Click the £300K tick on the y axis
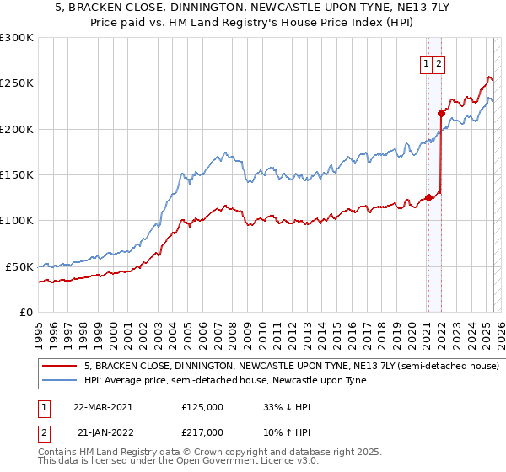(17, 38)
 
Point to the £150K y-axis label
(17, 175)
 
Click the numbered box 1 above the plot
(427, 63)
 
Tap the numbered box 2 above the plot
(440, 63)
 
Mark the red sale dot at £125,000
(428, 198)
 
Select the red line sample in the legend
(60, 367)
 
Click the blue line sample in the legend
(60, 380)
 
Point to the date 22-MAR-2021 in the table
(103, 406)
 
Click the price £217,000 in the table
(202, 432)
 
